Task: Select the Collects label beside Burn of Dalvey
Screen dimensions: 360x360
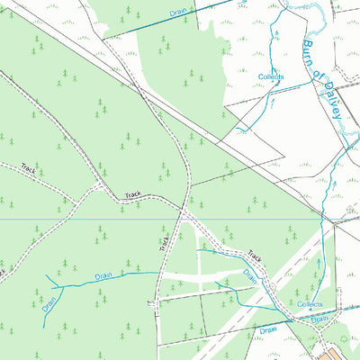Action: point(271,78)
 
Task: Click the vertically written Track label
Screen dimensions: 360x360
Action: point(165,240)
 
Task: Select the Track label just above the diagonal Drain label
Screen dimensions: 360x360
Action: point(255,257)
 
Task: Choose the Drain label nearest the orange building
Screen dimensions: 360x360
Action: point(320,319)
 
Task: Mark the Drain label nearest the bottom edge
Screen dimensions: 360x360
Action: point(266,330)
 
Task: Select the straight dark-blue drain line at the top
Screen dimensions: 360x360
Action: point(135,24)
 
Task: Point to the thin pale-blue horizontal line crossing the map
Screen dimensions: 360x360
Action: point(90,219)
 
